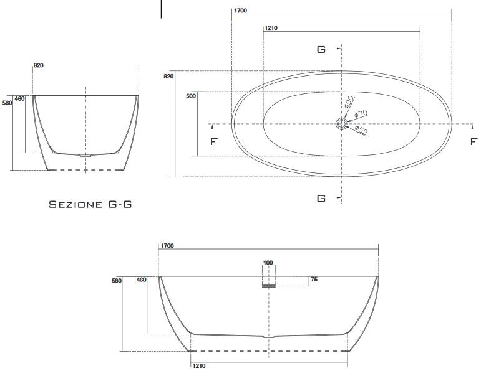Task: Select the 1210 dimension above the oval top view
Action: click(271, 29)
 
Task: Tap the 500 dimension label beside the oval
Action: click(191, 96)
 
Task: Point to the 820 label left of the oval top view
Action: click(168, 77)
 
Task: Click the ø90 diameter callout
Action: click(349, 101)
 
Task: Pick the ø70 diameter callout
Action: click(361, 114)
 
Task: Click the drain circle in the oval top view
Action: click(341, 125)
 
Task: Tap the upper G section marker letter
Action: click(321, 49)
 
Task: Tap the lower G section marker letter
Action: click(321, 198)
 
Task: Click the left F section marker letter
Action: click(213, 142)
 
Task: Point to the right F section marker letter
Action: click(474, 142)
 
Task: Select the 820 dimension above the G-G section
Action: click(38, 65)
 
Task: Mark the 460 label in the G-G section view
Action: click(19, 98)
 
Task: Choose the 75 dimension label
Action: click(314, 280)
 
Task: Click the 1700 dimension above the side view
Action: click(167, 247)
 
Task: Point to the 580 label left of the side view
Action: click(117, 281)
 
